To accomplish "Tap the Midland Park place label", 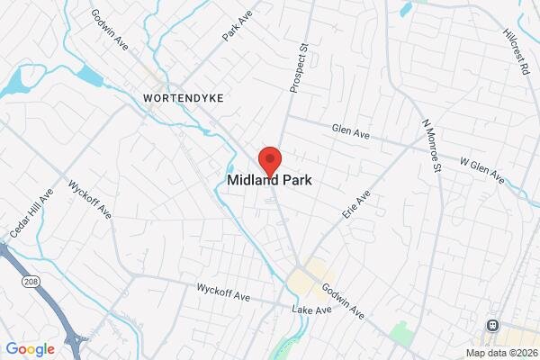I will (270, 180).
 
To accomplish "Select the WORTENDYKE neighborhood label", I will (182, 95).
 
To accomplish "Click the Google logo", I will (30, 349).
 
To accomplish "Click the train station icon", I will (492, 325).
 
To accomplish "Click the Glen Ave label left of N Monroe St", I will (351, 131).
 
